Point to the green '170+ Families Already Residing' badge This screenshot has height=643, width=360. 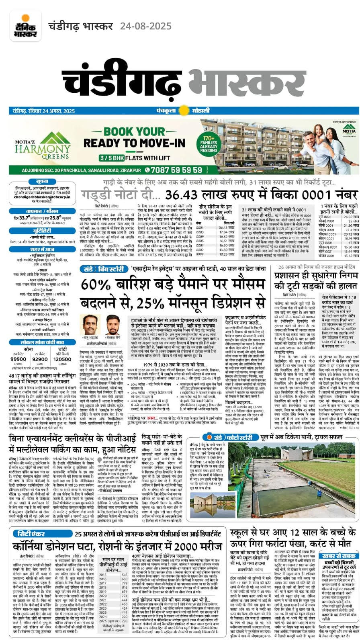(x=208, y=142)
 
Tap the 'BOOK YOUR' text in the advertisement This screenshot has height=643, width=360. (x=129, y=131)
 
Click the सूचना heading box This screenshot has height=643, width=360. (x=42, y=182)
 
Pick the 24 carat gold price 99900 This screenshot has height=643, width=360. (x=18, y=359)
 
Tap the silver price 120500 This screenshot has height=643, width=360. (x=62, y=359)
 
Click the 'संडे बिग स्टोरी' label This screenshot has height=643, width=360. (x=98, y=269)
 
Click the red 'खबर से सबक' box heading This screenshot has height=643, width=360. (x=338, y=556)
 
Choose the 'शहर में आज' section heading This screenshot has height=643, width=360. (x=42, y=250)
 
